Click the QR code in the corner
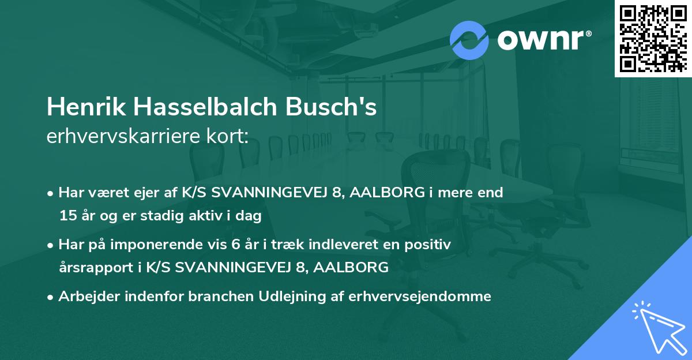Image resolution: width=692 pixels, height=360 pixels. [653, 38]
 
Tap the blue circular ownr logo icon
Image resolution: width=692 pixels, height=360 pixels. [469, 40]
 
